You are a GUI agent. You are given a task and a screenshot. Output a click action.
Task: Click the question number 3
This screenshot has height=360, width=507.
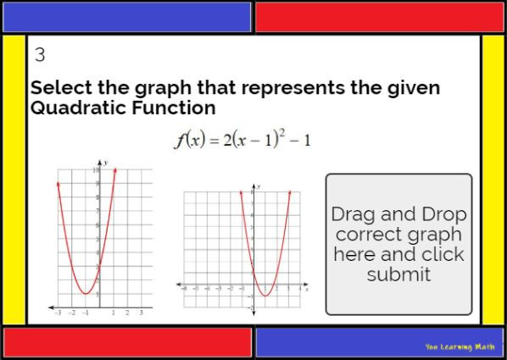point(40,56)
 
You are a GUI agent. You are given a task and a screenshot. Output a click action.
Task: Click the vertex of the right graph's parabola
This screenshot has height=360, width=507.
point(265,296)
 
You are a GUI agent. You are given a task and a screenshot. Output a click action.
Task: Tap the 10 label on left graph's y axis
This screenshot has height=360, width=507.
point(97,170)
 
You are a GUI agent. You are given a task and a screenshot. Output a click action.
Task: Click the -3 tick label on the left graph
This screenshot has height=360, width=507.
point(58,313)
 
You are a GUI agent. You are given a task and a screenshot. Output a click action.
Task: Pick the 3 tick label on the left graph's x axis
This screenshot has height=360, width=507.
point(141,313)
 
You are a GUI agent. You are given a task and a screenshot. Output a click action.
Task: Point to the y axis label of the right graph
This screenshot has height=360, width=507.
point(259,186)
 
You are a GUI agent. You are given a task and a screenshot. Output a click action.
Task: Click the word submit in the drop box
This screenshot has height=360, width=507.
point(398,274)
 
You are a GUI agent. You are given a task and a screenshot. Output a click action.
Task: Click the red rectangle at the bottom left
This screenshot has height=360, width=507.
point(127,342)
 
